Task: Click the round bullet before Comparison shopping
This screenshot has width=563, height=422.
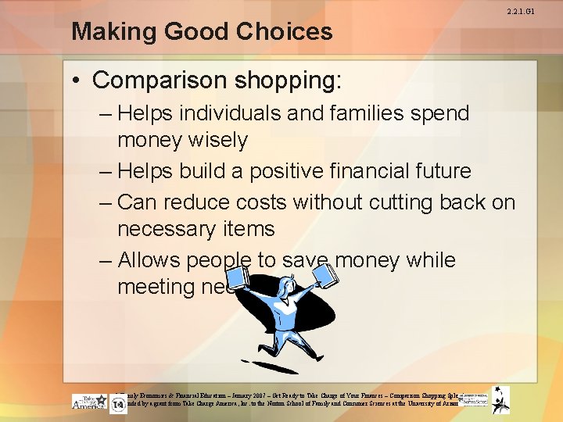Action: point(79,80)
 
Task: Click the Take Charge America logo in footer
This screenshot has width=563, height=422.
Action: point(89,402)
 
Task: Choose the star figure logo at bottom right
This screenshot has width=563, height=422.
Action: point(500,400)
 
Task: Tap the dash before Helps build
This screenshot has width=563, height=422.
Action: point(106,171)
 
